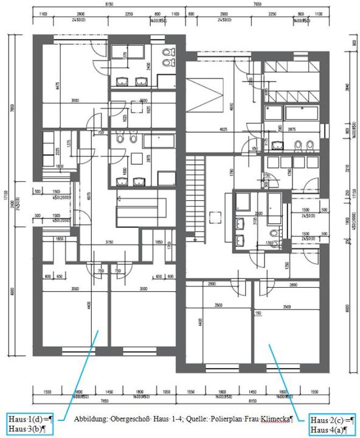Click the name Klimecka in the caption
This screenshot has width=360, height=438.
click(275, 419)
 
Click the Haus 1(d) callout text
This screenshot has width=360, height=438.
click(29, 419)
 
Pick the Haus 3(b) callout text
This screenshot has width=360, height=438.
click(27, 428)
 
